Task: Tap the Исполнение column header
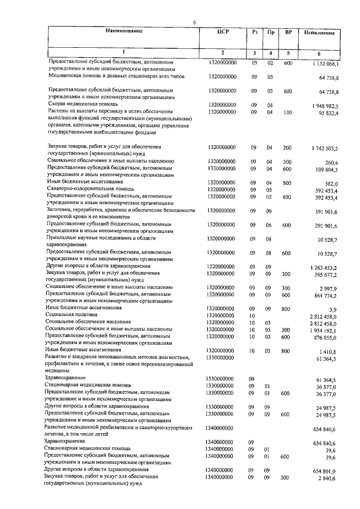click(319, 33)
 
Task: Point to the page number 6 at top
click(194, 21)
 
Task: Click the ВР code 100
click(288, 112)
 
